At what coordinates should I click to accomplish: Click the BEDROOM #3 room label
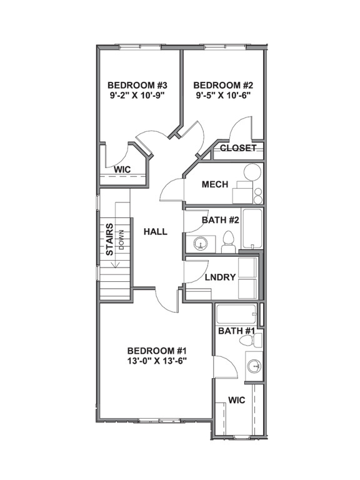(x=137, y=85)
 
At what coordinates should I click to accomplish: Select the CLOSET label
(x=238, y=148)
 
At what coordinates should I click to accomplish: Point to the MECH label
(x=215, y=184)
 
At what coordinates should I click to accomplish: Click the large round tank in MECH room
(x=252, y=173)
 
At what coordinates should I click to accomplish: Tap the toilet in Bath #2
(x=228, y=242)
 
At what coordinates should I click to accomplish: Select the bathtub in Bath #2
(x=252, y=229)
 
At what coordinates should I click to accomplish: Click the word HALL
(x=156, y=232)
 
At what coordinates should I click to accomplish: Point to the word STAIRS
(x=109, y=239)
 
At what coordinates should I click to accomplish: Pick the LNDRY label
(x=220, y=277)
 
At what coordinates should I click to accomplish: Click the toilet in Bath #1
(x=252, y=341)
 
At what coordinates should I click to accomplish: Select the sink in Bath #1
(x=254, y=365)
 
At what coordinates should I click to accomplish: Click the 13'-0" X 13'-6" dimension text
(x=157, y=361)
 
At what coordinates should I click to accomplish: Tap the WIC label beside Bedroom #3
(x=122, y=169)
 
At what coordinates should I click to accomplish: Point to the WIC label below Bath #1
(x=236, y=399)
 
